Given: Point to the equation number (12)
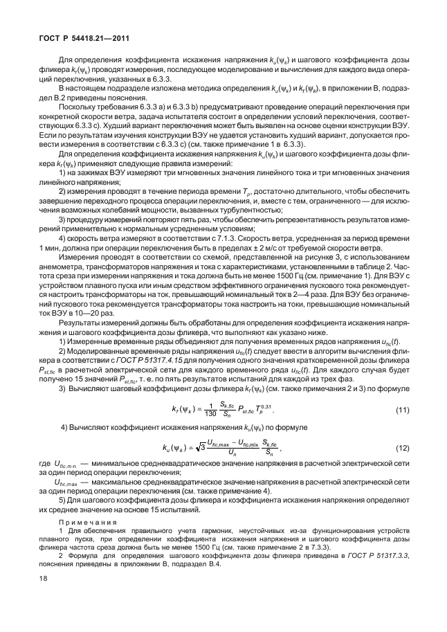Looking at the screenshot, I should (x=403, y=468).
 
